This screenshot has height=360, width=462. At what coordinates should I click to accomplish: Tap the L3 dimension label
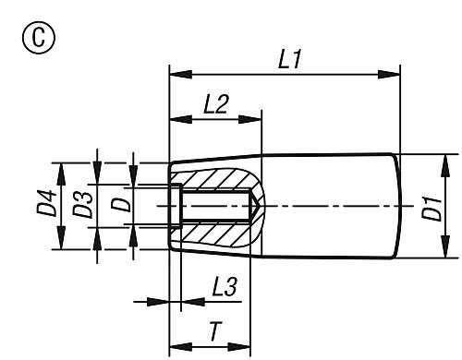coord(222,287)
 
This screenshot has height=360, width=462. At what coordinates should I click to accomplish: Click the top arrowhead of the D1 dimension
coord(444,159)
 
